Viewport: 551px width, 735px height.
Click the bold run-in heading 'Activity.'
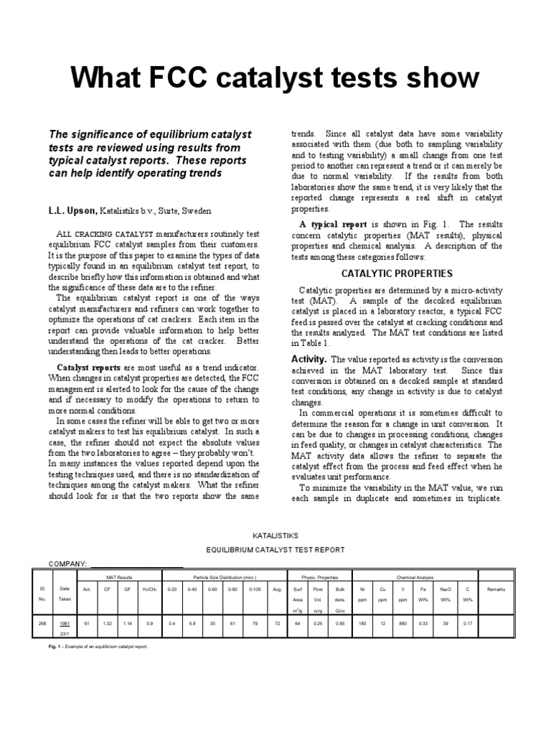[x=309, y=359]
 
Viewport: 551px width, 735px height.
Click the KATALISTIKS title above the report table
[x=275, y=535]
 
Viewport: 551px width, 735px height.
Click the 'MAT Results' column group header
[x=120, y=577]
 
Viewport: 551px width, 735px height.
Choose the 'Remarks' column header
[x=496, y=589]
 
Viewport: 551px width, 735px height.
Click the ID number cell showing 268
[x=42, y=624]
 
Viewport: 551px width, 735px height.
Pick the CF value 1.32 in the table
[x=107, y=624]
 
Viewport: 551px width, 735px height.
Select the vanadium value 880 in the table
[x=403, y=624]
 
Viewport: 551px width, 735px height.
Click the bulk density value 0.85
[x=340, y=624]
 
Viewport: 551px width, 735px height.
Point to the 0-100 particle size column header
[x=255, y=589]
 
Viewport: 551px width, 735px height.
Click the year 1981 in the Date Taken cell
[x=65, y=624]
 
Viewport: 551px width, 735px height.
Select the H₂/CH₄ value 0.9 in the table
[x=149, y=624]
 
